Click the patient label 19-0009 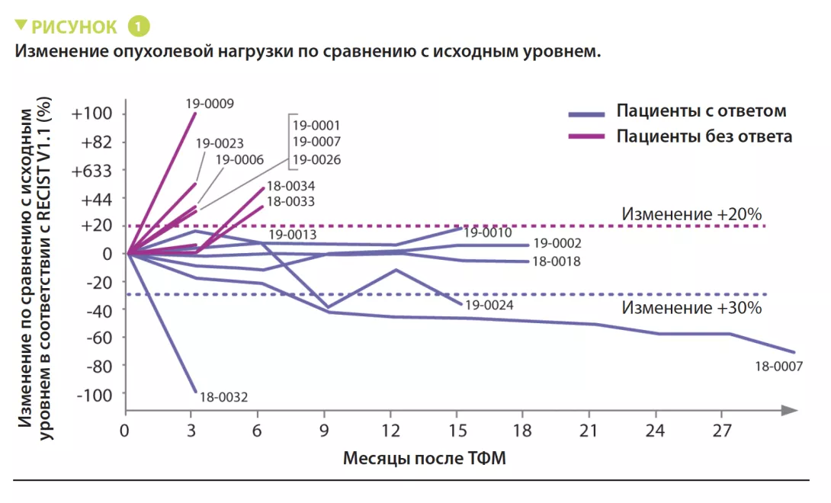pyautogui.click(x=210, y=104)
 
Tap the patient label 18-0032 pyautogui.click(x=223, y=397)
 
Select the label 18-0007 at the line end pyautogui.click(x=778, y=367)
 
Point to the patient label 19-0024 pyautogui.click(x=489, y=305)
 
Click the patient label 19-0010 pyautogui.click(x=487, y=233)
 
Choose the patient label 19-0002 pyautogui.click(x=557, y=244)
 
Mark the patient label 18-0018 pyautogui.click(x=557, y=261)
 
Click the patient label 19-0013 pyautogui.click(x=292, y=235)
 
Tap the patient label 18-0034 pyautogui.click(x=291, y=186)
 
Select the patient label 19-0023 pyautogui.click(x=220, y=143)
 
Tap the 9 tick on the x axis pyautogui.click(x=325, y=431)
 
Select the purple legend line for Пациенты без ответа pyautogui.click(x=587, y=136)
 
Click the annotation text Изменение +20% pyautogui.click(x=691, y=214)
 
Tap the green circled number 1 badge pyautogui.click(x=139, y=27)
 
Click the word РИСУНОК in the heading pyautogui.click(x=74, y=27)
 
